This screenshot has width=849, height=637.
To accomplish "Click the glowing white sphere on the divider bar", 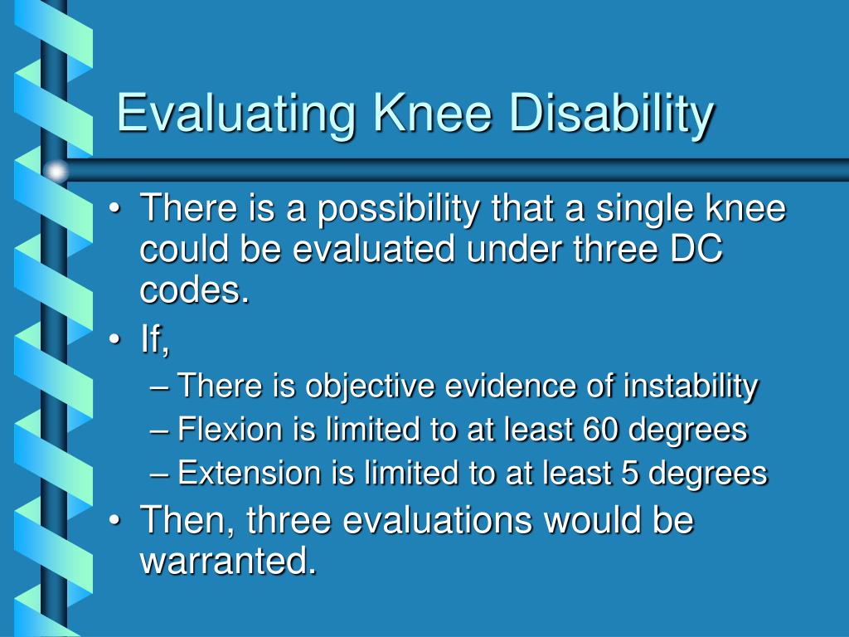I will (56, 172).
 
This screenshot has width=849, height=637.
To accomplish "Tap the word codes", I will (195, 290).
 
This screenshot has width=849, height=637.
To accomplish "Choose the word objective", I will (371, 386).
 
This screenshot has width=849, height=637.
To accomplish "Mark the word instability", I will (690, 386).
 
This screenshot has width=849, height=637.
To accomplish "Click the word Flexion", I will (230, 430).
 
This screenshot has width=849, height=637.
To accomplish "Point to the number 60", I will (603, 430).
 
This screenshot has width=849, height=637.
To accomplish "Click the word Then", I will (185, 522).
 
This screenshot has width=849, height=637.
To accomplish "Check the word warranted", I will (229, 562).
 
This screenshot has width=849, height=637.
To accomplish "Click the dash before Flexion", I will (163, 430).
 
